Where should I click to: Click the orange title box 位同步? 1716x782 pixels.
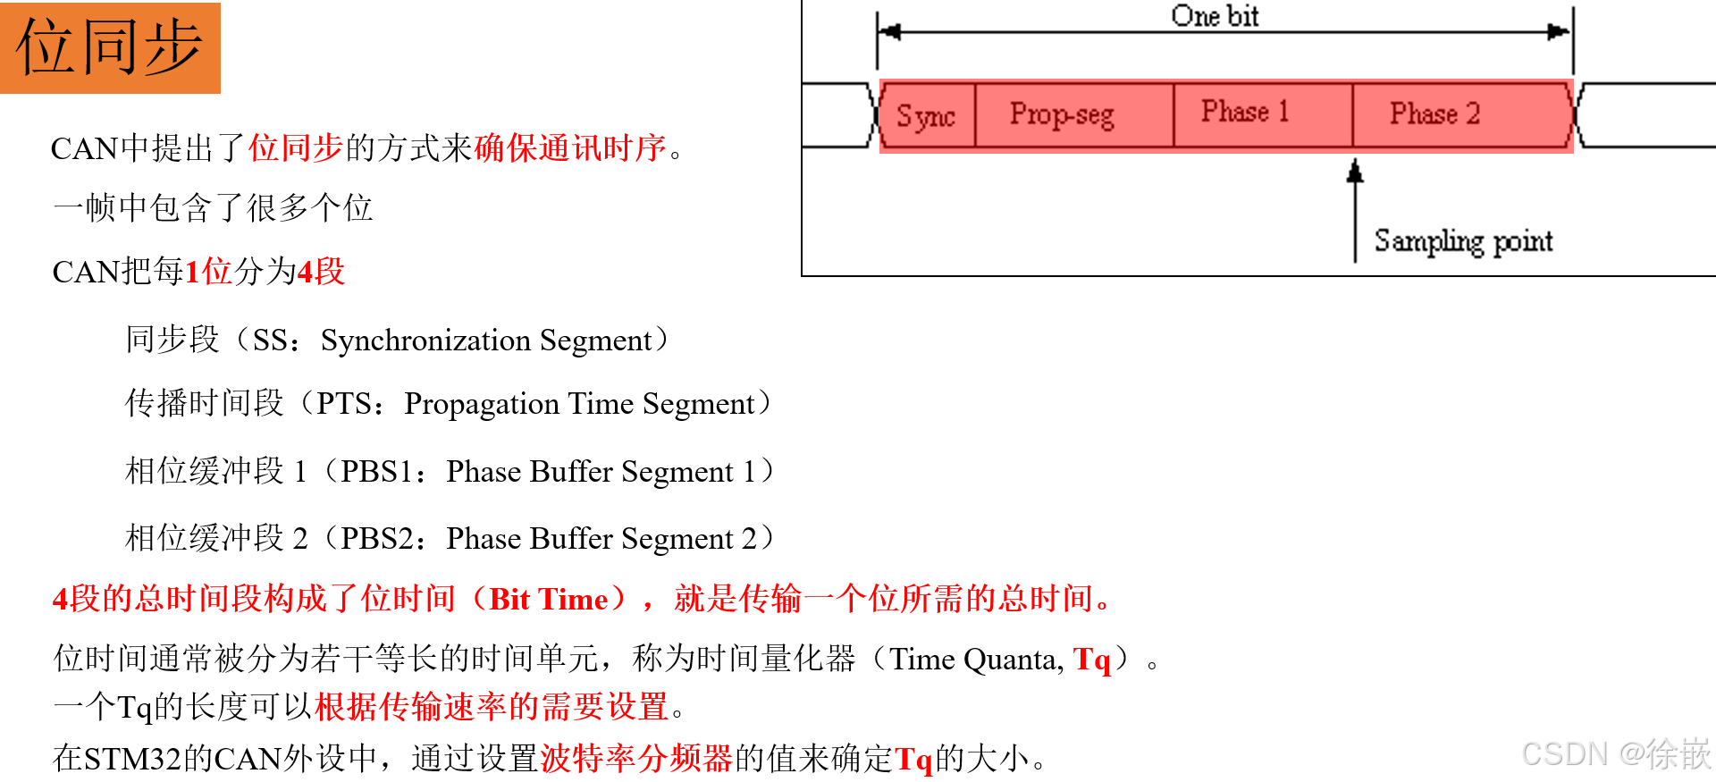click(110, 47)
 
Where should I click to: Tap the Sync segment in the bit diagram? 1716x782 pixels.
click(927, 115)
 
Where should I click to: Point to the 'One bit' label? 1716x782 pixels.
click(1215, 16)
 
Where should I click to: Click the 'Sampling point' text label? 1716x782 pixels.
click(1463, 241)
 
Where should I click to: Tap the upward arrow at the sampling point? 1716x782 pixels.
click(1355, 173)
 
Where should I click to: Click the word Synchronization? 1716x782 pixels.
click(425, 341)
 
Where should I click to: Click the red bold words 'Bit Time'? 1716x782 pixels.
click(549, 599)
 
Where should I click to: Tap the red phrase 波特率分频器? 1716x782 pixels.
click(636, 759)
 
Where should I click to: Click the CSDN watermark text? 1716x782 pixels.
click(1614, 755)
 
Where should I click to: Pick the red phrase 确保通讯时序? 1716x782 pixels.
click(570, 148)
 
